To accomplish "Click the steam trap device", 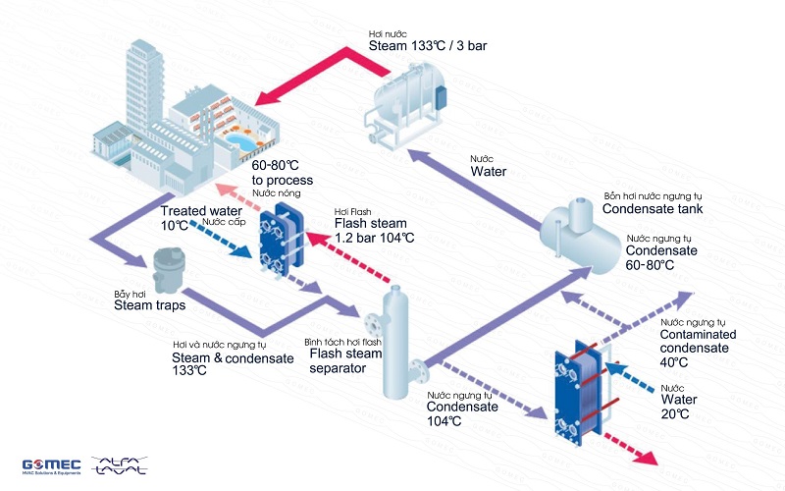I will coord(162,270).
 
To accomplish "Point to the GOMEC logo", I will coord(49,465).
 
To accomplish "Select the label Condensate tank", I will coord(652,209).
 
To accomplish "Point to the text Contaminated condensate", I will coord(699,342).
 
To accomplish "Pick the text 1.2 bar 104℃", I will coord(374,237).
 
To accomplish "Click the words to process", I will coord(283,181).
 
